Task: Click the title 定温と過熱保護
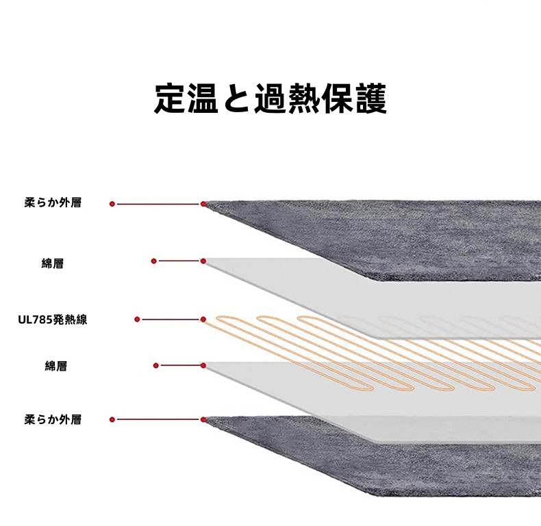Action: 270,98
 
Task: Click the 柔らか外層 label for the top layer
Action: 52,203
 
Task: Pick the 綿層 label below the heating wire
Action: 55,366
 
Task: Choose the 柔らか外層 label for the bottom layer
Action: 52,419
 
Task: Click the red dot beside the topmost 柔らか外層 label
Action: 112,204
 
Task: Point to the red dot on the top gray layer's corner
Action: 203,204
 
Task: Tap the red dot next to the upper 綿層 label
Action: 154,261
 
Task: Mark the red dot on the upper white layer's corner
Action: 203,261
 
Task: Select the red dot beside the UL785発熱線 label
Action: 138,319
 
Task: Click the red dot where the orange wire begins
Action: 203,319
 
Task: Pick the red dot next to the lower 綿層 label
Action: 156,365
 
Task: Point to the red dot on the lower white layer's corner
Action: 203,365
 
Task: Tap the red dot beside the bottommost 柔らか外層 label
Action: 112,419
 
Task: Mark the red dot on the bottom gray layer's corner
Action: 203,419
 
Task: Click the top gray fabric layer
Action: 411,233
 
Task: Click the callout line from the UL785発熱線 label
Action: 171,319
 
